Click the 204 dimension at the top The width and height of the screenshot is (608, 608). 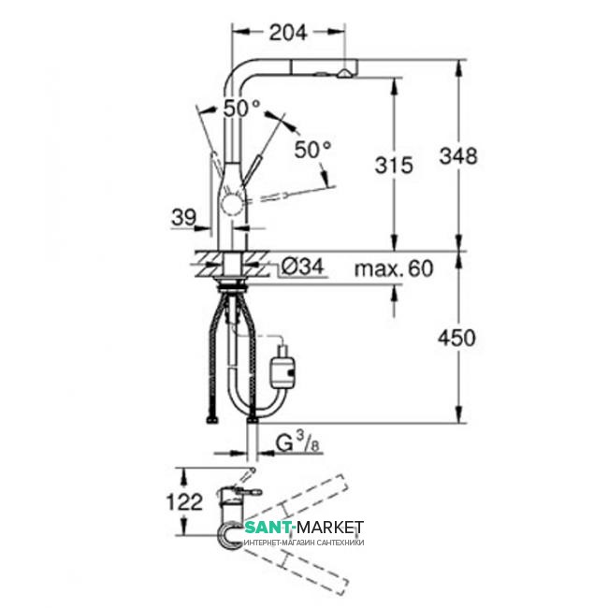pyautogui.click(x=288, y=33)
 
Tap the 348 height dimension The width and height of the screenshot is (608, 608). pyautogui.click(x=458, y=156)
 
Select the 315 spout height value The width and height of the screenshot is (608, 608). pyautogui.click(x=394, y=166)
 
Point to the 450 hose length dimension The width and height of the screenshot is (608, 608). pyautogui.click(x=456, y=338)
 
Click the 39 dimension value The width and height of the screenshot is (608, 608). pyautogui.click(x=183, y=218)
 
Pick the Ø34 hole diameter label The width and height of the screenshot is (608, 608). pyautogui.click(x=302, y=267)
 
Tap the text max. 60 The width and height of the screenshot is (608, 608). pyautogui.click(x=394, y=268)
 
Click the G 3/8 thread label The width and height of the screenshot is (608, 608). pyautogui.click(x=297, y=443)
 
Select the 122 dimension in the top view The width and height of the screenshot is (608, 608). pyautogui.click(x=184, y=502)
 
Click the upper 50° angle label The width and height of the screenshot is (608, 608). pyautogui.click(x=241, y=109)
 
